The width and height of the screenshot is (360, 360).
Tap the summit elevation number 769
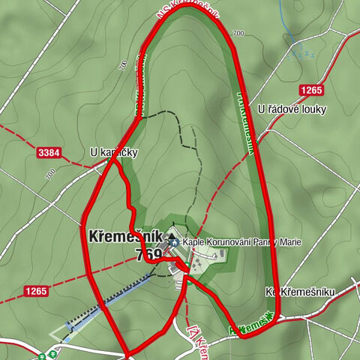pyautogui.click(x=150, y=255)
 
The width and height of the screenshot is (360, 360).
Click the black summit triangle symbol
pyautogui.click(x=171, y=238)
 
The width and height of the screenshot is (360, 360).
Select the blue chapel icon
pyautogui.click(x=174, y=243)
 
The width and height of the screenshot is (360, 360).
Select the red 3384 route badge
pyautogui.click(x=47, y=153)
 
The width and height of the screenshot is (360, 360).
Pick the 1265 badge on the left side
pyautogui.click(x=34, y=291)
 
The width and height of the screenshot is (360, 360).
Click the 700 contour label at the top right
pyautogui.click(x=239, y=34)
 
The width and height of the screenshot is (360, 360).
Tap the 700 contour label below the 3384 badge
pyautogui.click(x=50, y=174)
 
